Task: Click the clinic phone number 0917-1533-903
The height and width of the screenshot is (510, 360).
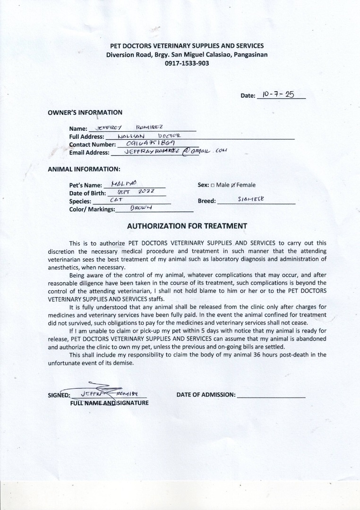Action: pos(187,63)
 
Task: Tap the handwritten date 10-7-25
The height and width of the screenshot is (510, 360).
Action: pos(279,94)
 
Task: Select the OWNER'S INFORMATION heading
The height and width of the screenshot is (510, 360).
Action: pos(85,112)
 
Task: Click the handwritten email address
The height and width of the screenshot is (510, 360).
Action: pos(175,152)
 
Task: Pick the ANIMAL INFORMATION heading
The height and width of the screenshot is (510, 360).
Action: pos(84,169)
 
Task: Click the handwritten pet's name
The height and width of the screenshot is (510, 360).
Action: pos(123,184)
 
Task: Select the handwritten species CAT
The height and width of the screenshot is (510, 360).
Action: pos(116,200)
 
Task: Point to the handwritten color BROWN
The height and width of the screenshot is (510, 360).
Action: pos(135,208)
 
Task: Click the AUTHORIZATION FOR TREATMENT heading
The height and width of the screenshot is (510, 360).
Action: pos(187,226)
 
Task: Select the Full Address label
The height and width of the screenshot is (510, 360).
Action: pos(86,136)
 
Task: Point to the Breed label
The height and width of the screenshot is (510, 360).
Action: pos(206,201)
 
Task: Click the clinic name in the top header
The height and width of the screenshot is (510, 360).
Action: pos(187,46)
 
